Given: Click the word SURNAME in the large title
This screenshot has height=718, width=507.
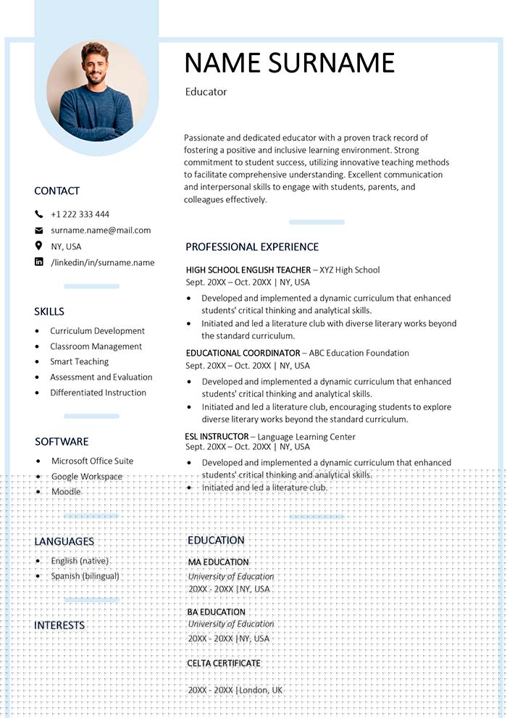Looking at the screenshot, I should tap(332, 63).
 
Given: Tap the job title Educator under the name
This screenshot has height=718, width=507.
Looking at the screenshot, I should tap(206, 92).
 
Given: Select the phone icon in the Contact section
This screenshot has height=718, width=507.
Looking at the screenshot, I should tap(39, 214).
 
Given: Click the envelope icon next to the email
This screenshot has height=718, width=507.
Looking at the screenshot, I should tap(39, 230).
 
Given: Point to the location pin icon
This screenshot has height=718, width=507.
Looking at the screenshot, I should tap(39, 246).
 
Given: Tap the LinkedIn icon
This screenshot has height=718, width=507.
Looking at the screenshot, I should tap(39, 262).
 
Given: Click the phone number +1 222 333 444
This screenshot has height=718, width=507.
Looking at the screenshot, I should tap(80, 214).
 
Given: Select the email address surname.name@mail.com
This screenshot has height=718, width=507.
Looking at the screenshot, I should tap(101, 230).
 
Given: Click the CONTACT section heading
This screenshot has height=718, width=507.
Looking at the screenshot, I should tap(56, 191).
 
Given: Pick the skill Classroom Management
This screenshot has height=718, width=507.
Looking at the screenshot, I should tap(96, 346).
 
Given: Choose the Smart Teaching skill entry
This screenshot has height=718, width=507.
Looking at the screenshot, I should tap(79, 362).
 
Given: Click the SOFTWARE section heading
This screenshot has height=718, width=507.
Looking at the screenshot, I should tap(62, 442).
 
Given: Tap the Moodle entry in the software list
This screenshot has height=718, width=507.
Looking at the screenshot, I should tap(66, 492).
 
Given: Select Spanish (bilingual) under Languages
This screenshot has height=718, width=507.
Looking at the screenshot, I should tap(85, 576).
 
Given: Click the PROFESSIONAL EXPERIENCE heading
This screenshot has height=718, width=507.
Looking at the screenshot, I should tap(251, 247).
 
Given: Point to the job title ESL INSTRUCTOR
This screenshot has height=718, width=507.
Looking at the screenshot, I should tap(217, 437).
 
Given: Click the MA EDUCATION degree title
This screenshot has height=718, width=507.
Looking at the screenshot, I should tap(218, 562).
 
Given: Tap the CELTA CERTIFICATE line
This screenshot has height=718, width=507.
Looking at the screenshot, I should tap(224, 663).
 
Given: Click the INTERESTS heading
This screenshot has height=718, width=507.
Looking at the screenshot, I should tap(59, 625).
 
